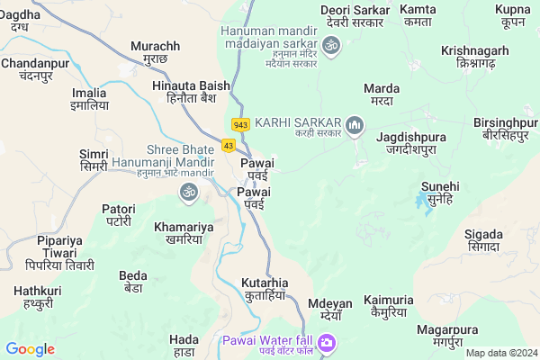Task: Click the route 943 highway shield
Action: [240, 124]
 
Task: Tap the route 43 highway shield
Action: [229, 145]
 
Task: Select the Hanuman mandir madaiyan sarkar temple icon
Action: [330, 44]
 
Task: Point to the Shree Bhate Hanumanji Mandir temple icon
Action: [189, 191]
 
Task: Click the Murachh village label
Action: [156, 51]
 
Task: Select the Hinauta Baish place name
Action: [185, 89]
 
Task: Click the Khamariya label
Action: [184, 233]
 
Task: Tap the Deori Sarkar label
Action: [355, 15]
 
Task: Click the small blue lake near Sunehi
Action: [421, 202]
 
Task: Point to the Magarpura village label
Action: [452, 335]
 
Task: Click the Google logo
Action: [30, 348]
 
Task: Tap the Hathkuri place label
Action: [38, 297]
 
